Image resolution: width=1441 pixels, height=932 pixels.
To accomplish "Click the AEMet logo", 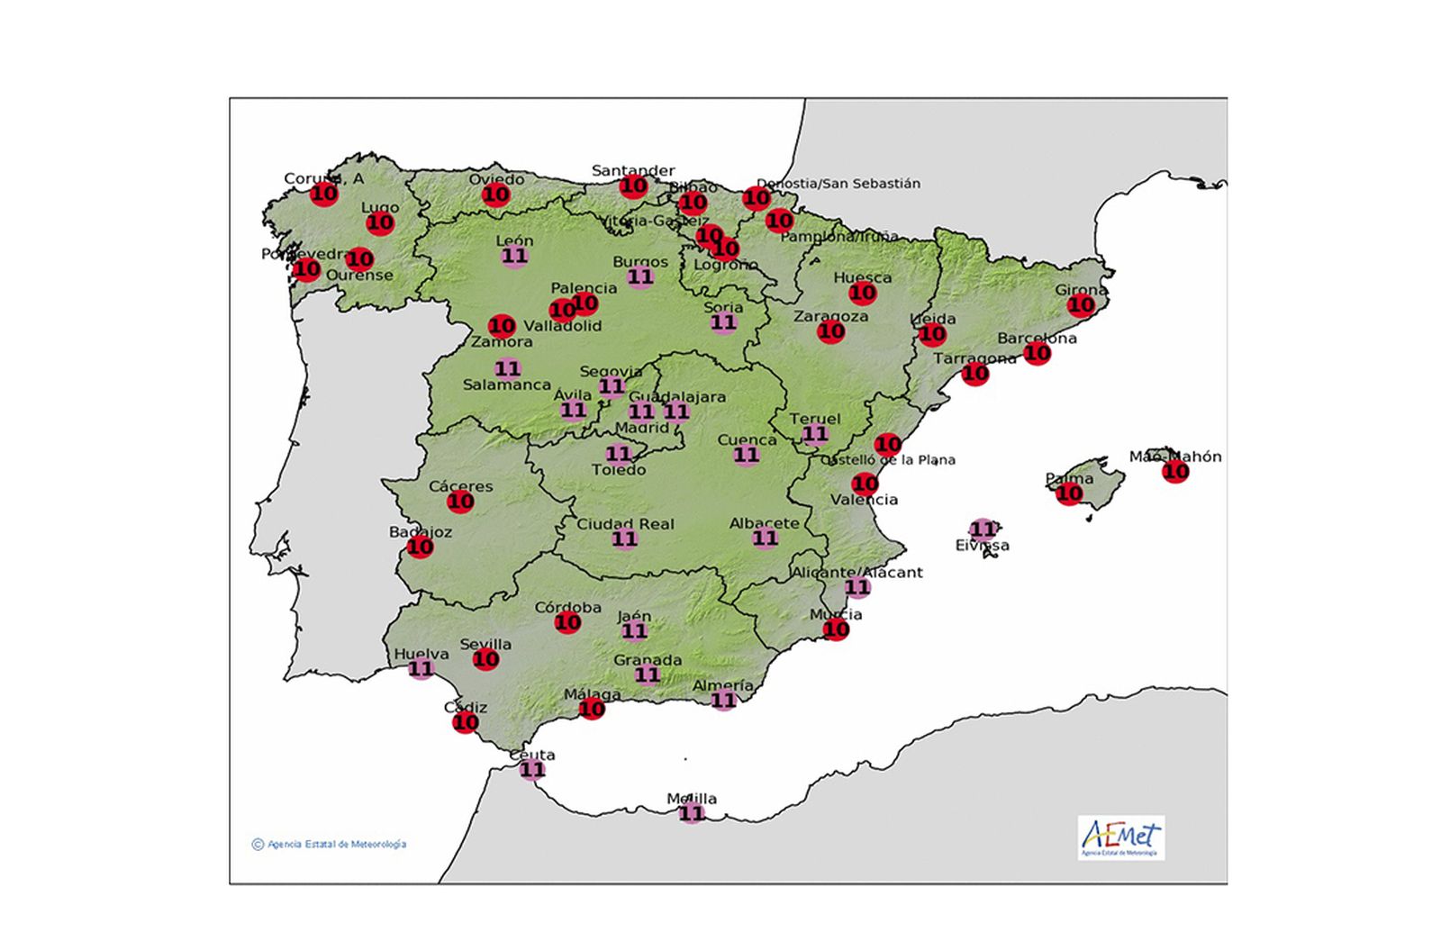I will pyautogui.click(x=1120, y=837).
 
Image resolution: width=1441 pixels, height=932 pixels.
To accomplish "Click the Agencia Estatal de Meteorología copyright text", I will pyautogui.click(x=330, y=845).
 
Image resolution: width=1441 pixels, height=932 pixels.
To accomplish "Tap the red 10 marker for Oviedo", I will pyautogui.click(x=495, y=195).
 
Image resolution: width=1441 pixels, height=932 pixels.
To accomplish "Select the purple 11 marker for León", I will pyautogui.click(x=514, y=257).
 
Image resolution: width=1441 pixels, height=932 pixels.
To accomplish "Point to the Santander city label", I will pyautogui.click(x=633, y=170).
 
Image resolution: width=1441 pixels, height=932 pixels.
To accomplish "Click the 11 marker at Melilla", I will pyautogui.click(x=691, y=814).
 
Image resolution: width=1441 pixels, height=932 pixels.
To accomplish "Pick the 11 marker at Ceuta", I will pyautogui.click(x=532, y=770).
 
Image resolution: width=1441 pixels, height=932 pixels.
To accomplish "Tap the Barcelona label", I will pyautogui.click(x=1037, y=339).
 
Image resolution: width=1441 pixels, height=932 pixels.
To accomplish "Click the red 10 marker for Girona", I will pyautogui.click(x=1081, y=305).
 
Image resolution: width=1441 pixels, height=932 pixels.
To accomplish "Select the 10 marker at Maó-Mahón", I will pyautogui.click(x=1175, y=471).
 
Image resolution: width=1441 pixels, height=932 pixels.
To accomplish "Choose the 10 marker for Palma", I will pyautogui.click(x=1069, y=493).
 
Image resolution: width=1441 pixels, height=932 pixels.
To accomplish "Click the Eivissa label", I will pyautogui.click(x=982, y=546).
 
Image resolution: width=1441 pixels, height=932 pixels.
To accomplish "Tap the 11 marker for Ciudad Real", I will pyautogui.click(x=624, y=539).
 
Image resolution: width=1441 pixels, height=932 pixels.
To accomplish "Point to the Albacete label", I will pyautogui.click(x=764, y=523).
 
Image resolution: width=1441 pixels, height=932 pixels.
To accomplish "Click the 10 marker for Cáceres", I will pyautogui.click(x=460, y=502).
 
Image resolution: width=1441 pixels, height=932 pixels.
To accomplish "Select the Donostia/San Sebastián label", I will pyautogui.click(x=838, y=184).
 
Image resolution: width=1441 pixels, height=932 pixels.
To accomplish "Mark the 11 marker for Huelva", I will pyautogui.click(x=421, y=669).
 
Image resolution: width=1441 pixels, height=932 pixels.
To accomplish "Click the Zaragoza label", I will pyautogui.click(x=830, y=317).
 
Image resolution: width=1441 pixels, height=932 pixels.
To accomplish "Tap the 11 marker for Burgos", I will pyautogui.click(x=640, y=277).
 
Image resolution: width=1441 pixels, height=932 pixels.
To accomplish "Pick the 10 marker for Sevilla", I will pyautogui.click(x=485, y=659).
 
